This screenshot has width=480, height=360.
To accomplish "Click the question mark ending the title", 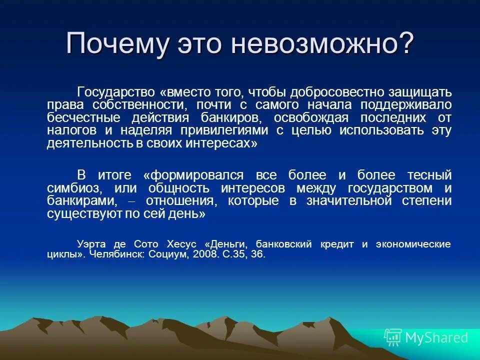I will pos(403,44).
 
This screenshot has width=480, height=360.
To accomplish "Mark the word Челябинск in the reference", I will pos(114,254).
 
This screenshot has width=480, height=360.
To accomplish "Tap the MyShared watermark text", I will pos(436,338).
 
